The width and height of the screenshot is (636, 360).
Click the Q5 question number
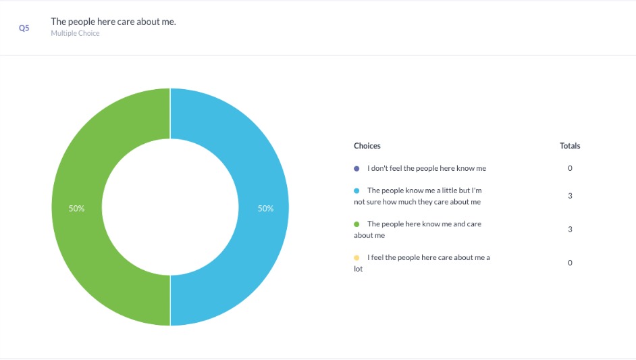[x=24, y=29]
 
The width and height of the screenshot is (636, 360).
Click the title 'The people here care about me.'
[x=113, y=22]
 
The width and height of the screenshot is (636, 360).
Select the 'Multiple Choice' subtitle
[x=75, y=33]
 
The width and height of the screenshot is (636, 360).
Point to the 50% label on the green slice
[x=76, y=209]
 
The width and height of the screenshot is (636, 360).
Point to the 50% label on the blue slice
[x=265, y=209]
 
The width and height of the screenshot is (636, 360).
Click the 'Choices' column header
[x=367, y=146]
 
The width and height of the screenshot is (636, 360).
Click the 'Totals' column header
[x=570, y=146]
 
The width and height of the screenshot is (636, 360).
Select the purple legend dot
[x=356, y=168]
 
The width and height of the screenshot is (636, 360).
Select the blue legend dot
[x=356, y=190]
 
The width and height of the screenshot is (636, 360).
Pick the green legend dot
[x=356, y=224]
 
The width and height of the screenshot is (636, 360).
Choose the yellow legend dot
[x=356, y=257]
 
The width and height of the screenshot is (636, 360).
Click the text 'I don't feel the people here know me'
[x=426, y=168]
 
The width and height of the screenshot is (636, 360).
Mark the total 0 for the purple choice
[x=570, y=168]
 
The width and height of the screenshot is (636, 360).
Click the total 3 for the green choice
[x=570, y=229]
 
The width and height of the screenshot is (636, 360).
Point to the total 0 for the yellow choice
[x=570, y=263]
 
